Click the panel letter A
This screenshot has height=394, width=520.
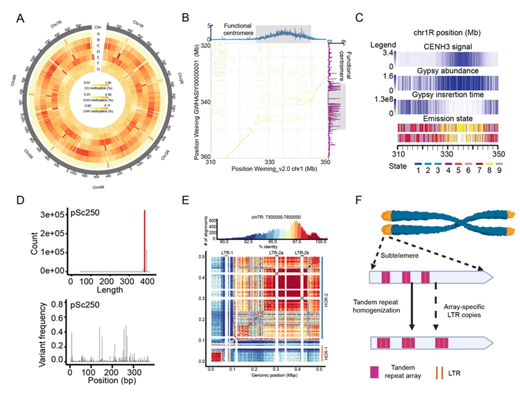(20, 17)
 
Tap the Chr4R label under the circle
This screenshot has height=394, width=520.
(101, 187)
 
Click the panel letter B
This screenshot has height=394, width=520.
(185, 17)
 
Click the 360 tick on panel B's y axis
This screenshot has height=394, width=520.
(206, 157)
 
